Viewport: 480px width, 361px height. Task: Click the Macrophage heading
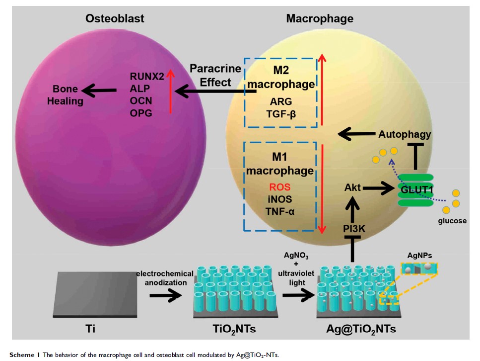click(x=320, y=19)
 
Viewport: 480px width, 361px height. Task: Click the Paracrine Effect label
click(x=215, y=75)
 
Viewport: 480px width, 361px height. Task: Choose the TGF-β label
click(x=280, y=114)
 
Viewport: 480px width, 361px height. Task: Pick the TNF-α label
click(x=280, y=211)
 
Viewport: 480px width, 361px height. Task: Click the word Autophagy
click(x=405, y=134)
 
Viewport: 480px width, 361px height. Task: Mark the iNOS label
click(x=280, y=199)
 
